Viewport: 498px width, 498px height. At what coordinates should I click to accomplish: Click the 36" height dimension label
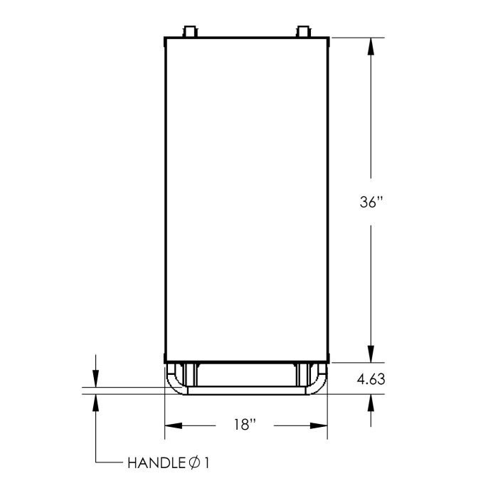(371, 203)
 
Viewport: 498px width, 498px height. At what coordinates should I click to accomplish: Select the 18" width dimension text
(244, 425)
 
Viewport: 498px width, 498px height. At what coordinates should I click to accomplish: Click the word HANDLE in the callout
(156, 463)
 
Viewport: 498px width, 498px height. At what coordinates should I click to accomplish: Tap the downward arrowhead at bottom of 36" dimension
(371, 354)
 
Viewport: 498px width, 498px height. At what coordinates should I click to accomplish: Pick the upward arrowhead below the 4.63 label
(371, 403)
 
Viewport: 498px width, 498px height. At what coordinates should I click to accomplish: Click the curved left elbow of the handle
(175, 384)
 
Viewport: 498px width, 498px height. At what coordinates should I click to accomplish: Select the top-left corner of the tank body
(165, 38)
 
